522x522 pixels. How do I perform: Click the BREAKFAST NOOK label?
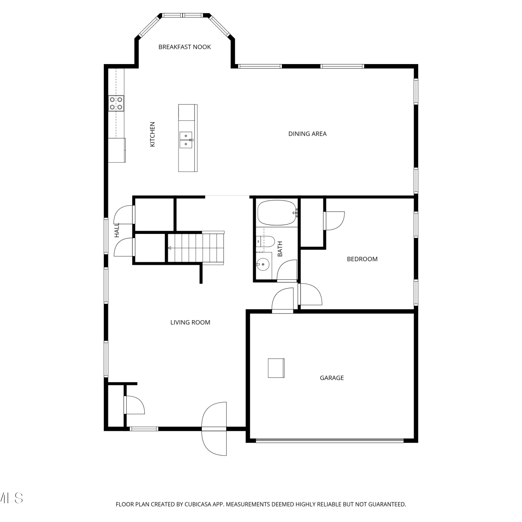[184, 47]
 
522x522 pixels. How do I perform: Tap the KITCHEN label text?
[152, 134]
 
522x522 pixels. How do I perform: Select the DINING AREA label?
[307, 134]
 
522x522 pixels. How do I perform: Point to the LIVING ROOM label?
[190, 323]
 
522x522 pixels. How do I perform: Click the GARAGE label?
[332, 378]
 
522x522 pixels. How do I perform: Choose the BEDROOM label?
[362, 259]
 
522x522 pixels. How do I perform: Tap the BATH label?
[280, 249]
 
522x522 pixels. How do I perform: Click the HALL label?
[117, 230]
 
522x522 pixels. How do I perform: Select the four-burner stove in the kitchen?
[116, 103]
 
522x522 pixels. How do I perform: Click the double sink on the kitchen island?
[186, 140]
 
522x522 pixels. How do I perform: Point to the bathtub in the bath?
[277, 213]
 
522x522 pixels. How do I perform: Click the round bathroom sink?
[263, 264]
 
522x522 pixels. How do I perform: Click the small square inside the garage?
[276, 368]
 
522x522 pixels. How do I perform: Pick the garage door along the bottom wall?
[330, 441]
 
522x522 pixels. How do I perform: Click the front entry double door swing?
[214, 429]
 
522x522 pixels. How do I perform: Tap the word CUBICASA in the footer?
[198, 504]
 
